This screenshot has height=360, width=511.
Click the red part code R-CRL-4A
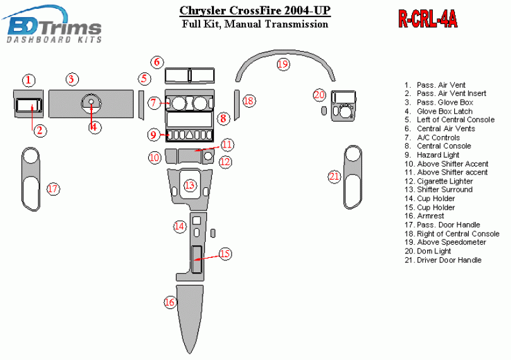428,19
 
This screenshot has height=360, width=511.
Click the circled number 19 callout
283,64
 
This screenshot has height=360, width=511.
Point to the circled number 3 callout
72,79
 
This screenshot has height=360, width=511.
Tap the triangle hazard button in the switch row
189,135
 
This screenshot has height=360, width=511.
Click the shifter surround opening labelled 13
190,184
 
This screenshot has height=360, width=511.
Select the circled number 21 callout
334,177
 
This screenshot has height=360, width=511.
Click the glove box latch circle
91,102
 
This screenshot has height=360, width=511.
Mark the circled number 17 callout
53,189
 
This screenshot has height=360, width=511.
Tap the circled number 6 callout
157,62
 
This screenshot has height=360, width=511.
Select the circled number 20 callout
319,95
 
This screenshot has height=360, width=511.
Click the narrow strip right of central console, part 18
237,105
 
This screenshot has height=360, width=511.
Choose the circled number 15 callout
225,254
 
